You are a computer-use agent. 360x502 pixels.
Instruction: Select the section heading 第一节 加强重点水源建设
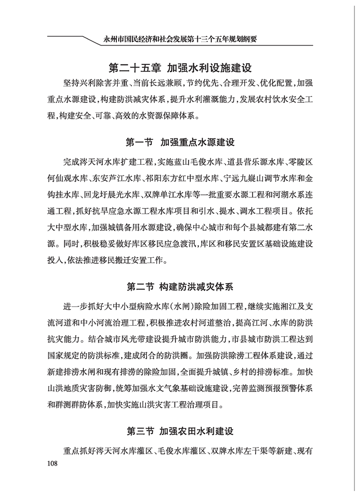click(180, 142)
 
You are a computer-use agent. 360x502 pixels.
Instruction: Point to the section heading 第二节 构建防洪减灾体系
click(180, 287)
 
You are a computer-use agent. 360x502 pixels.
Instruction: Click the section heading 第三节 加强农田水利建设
click(180, 431)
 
